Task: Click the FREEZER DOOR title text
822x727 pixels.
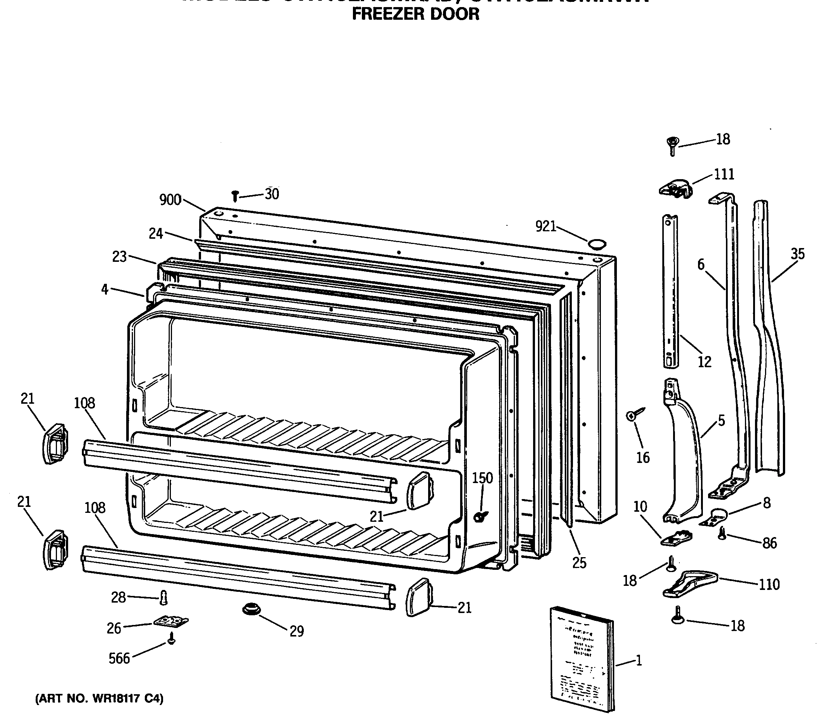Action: coord(415,14)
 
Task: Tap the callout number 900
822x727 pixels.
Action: coord(170,200)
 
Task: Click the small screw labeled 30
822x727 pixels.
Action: coord(236,196)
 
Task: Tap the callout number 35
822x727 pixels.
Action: coord(797,254)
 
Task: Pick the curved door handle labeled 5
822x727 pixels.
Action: coord(684,458)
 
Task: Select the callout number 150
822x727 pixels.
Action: coord(482,478)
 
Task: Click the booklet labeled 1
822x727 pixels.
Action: coord(582,664)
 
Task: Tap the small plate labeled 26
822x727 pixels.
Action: coord(171,622)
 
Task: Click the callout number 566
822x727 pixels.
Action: coord(120,658)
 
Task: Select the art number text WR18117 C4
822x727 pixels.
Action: coord(99,699)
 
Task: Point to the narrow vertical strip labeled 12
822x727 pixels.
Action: coord(670,291)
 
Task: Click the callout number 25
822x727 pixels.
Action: coord(579,563)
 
